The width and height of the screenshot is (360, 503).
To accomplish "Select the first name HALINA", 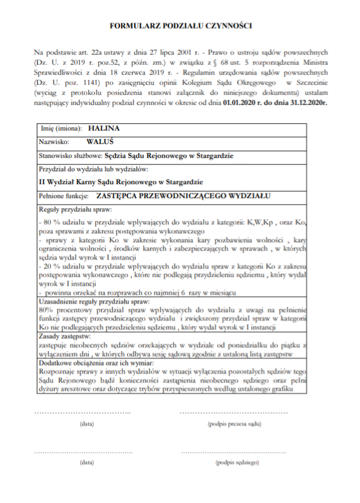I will click(104, 128).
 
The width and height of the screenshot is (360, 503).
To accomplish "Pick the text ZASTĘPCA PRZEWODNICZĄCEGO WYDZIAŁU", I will click(183, 196).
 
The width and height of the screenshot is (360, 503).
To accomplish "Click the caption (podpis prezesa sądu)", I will click(234, 424).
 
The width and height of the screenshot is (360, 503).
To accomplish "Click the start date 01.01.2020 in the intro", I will click(241, 104).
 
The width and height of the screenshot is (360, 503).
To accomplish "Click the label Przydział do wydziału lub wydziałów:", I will click(94, 169).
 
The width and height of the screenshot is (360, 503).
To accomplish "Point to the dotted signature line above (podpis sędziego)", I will click(234, 451).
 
